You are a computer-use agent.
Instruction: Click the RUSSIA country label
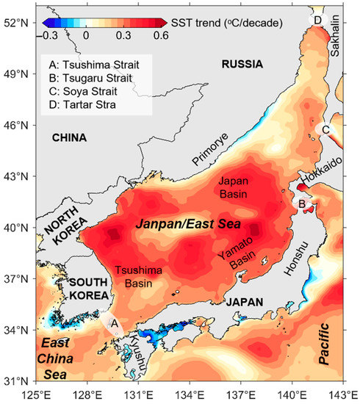(242, 65)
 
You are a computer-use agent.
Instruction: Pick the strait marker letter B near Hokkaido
(300, 203)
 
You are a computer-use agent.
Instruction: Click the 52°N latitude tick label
(16, 23)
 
